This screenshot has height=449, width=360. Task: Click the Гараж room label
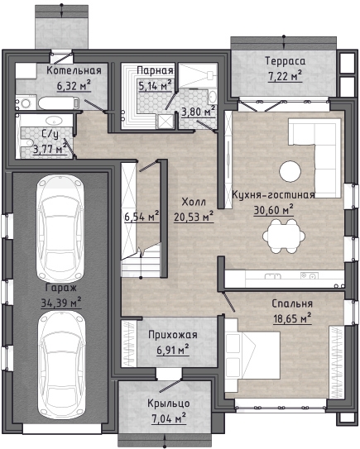[61, 288]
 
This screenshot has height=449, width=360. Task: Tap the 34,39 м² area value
[61, 303]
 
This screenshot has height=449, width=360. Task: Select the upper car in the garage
[60, 228]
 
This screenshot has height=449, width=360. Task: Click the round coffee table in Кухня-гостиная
[290, 172]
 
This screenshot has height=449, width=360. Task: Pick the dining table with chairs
[284, 236]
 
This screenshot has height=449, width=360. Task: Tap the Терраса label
[286, 61]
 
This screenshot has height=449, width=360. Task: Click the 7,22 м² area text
[286, 76]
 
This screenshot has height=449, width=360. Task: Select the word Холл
[194, 202]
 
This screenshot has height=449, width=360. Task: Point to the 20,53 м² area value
[194, 217]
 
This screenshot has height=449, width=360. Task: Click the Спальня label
[292, 303]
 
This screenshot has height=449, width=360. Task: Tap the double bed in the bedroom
[252, 356]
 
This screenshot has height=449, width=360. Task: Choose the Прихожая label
[172, 335]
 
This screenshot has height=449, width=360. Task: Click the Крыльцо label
[169, 404]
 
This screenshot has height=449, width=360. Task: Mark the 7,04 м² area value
[169, 418]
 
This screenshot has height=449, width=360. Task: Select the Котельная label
[74, 70]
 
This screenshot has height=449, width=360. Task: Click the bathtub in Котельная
[59, 103]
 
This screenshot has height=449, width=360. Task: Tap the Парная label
[155, 70]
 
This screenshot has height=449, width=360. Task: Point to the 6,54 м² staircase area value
[142, 217]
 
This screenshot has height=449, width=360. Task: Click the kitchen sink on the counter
[272, 276]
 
